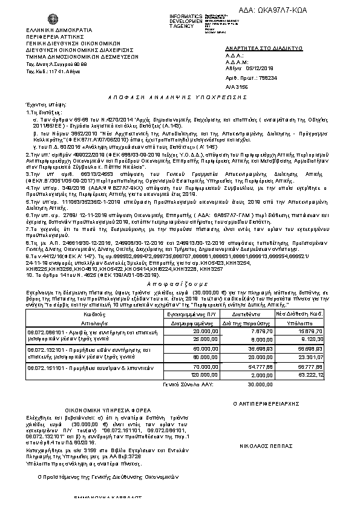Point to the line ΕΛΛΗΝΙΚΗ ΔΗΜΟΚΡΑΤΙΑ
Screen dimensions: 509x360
coord(59,29)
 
